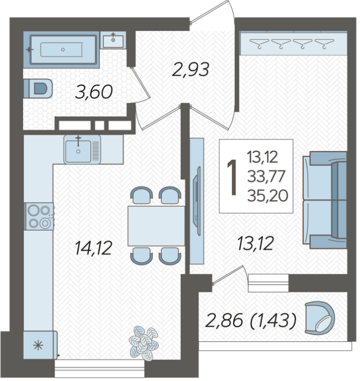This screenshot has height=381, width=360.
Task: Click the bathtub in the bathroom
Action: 63,49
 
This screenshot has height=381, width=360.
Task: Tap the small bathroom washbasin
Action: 113,41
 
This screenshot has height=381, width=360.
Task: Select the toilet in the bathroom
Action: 38,89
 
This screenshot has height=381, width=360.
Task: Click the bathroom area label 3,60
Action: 94,92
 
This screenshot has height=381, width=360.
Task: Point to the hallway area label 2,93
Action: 191,70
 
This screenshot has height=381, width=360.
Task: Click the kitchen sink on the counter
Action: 82,150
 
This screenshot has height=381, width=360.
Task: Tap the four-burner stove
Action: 39,217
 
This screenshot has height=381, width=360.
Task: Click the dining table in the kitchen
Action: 157,226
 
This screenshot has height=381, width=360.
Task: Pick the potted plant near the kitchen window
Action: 144,343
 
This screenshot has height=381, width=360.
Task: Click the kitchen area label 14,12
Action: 93,248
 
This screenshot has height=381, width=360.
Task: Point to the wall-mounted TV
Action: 197,201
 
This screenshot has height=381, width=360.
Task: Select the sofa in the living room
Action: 324,200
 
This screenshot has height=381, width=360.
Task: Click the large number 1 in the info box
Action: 232,177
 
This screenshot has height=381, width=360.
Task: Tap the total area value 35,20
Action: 267,196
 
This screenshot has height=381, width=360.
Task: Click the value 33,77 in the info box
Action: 266,176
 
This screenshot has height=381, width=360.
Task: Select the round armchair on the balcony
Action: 320,318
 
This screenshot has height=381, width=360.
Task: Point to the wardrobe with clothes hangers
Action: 293,43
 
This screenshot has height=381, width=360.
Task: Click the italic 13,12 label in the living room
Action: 255,243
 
